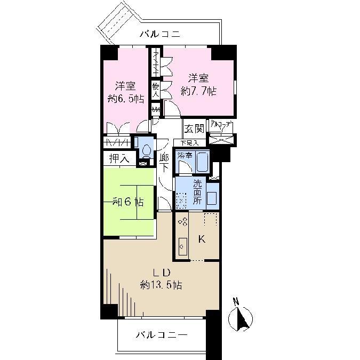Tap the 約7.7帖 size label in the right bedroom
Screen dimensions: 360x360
[198, 91]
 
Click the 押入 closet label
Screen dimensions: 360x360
[118, 158]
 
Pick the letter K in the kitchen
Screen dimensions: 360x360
[202, 239]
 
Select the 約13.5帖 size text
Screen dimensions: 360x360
[161, 285]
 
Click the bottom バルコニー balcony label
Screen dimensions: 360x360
[161, 335]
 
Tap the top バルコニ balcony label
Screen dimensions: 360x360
[160, 35]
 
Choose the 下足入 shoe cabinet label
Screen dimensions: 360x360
[189, 143]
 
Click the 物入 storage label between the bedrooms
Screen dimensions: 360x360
[156, 89]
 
